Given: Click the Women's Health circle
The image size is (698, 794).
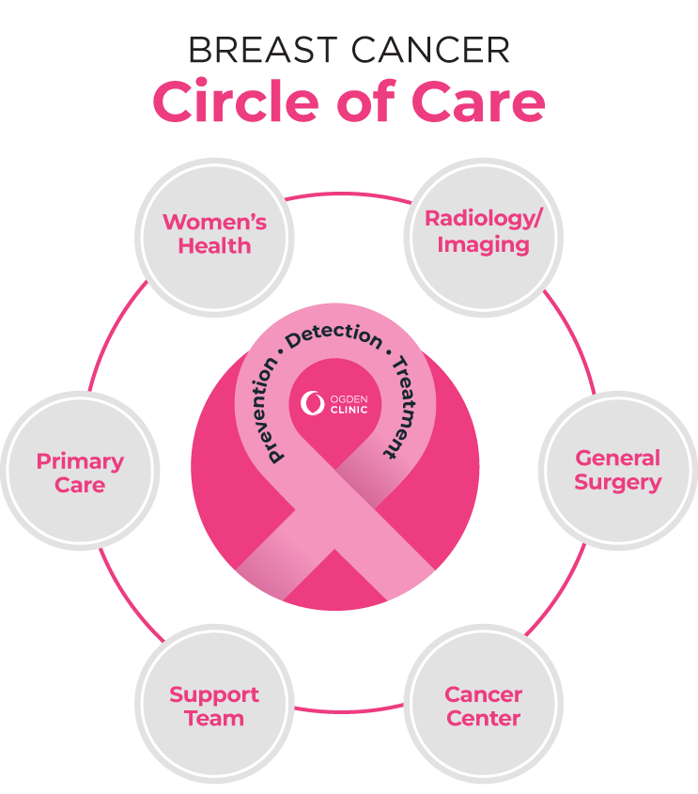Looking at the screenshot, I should coord(214,235).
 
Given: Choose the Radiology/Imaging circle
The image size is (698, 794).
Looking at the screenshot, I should coord(483,232).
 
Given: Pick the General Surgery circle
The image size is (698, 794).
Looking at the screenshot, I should coord(617,470).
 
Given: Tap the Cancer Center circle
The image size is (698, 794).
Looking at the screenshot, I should coord(483,707).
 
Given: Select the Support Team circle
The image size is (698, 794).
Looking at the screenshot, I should coord(214,707).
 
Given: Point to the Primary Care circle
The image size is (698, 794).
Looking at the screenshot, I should coord(80,473).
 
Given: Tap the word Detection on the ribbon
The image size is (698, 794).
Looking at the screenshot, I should coord(334,342).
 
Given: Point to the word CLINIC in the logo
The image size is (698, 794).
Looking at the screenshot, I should coord(349,410).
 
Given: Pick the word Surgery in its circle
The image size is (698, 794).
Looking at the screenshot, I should coord(617,483).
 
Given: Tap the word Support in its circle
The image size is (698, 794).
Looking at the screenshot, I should coord(214,695).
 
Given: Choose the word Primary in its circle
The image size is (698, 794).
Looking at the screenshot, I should coord(80,461).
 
